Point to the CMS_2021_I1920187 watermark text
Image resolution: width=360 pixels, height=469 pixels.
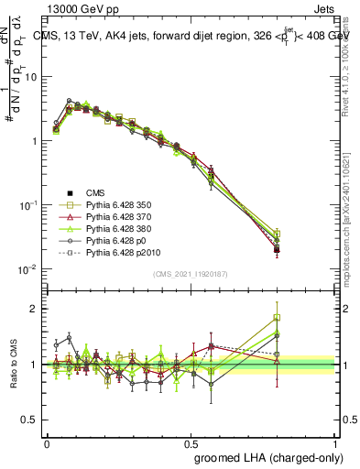tap(191, 275)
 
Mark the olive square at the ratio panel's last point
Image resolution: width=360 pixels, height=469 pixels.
tap(277, 318)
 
